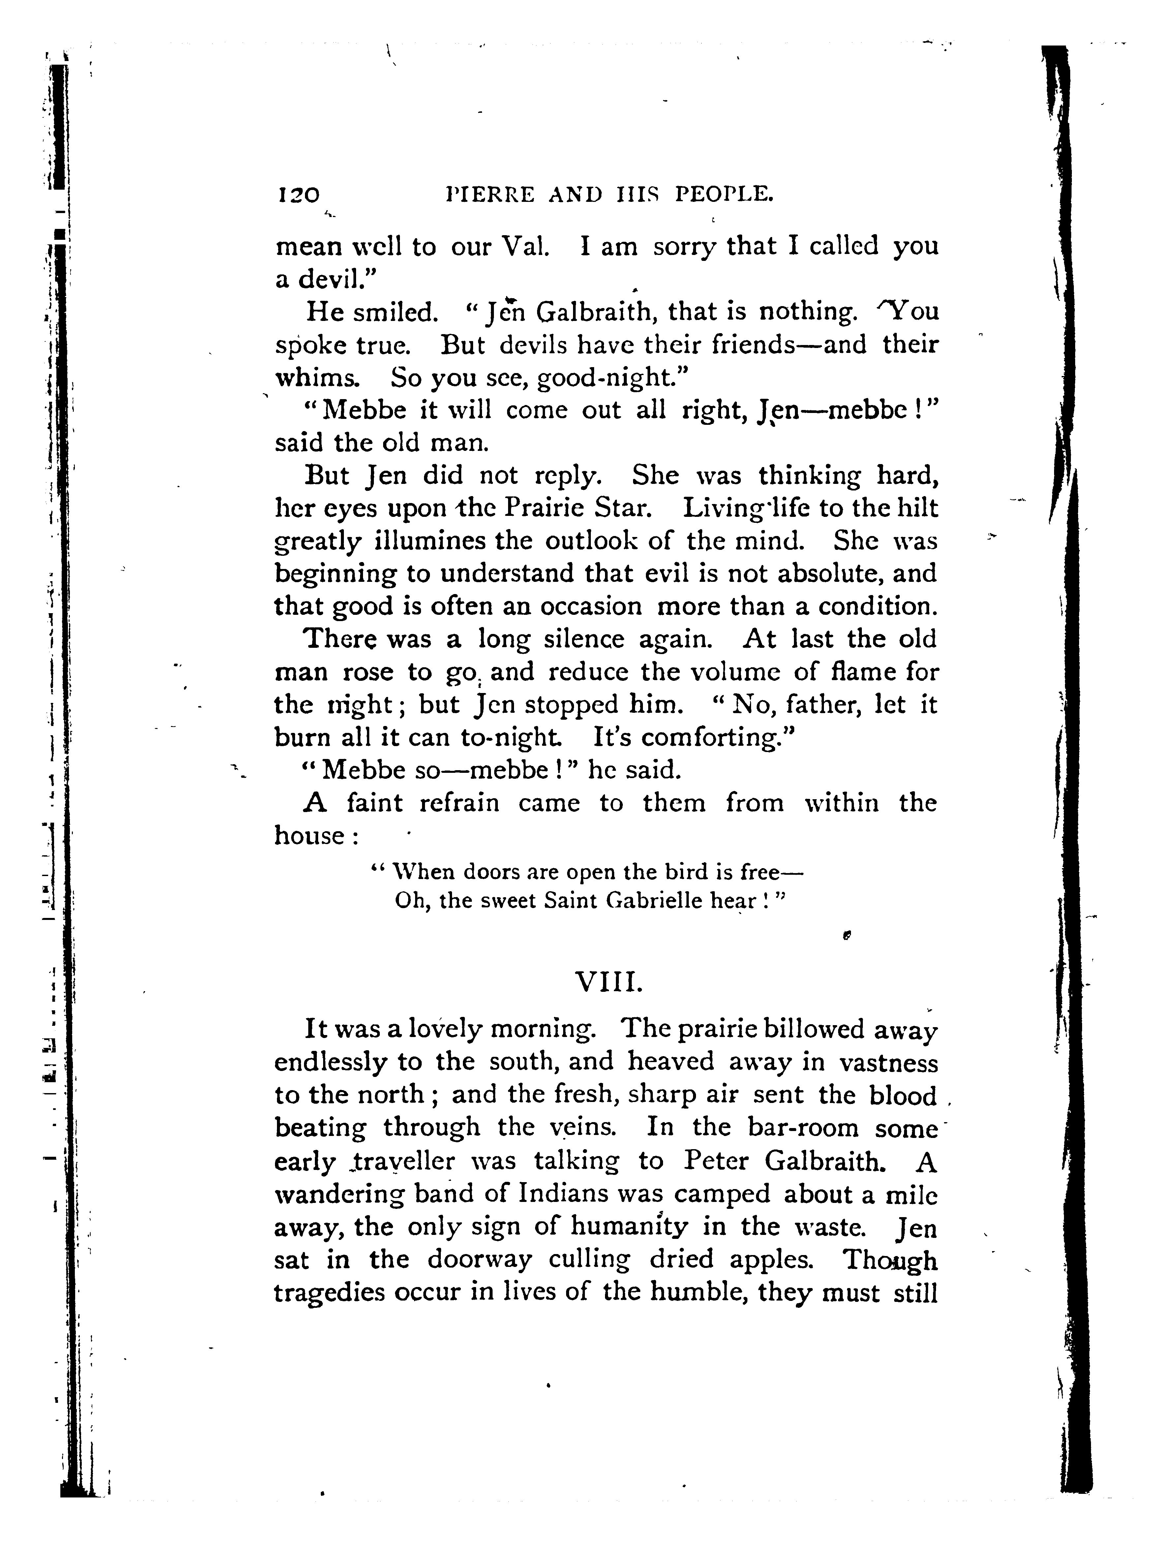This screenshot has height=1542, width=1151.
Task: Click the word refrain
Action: [x=459, y=803]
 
